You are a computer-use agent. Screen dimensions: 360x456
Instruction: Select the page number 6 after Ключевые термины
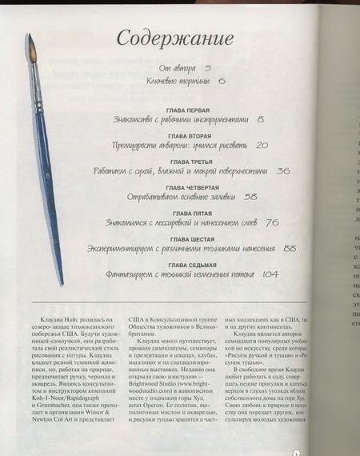(222, 82)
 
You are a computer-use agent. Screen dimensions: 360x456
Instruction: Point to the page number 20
(262, 146)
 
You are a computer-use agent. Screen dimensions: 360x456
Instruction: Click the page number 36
(282, 170)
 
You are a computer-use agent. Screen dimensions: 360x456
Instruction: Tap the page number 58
(251, 196)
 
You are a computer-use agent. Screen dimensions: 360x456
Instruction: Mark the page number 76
(271, 222)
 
